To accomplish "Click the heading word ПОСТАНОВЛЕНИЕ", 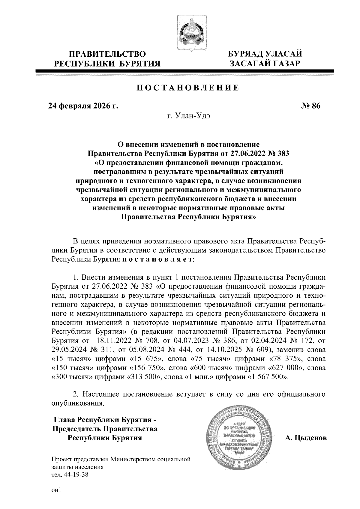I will [188, 88].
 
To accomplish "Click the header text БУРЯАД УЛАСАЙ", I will [264, 54].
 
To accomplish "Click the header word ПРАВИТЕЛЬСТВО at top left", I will [108, 54].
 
